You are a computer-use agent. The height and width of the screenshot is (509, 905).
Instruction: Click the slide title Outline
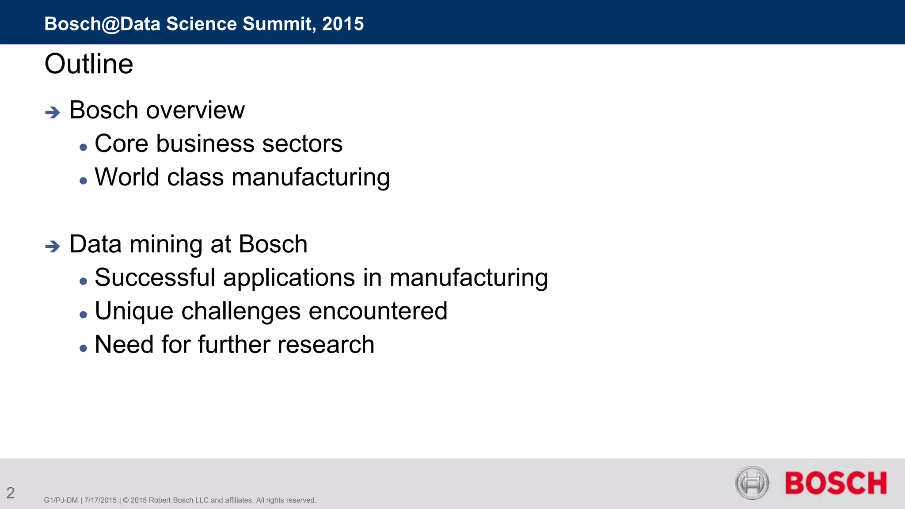[89, 64]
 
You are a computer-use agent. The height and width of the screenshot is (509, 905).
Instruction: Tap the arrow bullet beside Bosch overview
[53, 112]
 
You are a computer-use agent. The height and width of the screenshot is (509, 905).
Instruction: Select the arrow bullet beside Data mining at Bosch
[53, 246]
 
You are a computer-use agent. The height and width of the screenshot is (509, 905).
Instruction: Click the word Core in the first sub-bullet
[121, 144]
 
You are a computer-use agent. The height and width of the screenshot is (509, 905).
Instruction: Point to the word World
[127, 177]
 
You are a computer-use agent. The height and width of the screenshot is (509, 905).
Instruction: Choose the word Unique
[134, 311]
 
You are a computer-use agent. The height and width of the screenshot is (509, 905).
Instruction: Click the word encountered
[378, 311]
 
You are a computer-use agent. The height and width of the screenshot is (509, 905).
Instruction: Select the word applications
[289, 278]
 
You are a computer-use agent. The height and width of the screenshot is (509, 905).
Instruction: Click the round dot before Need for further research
[84, 348]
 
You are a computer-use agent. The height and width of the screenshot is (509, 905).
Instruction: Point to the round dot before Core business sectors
[84, 147]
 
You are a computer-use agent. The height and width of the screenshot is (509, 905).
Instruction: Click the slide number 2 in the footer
[11, 493]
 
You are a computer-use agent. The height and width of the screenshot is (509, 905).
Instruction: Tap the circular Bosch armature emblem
[752, 482]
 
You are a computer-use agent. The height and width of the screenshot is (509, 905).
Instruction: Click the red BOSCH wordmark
[836, 483]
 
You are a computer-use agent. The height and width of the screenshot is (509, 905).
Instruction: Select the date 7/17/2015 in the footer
[100, 500]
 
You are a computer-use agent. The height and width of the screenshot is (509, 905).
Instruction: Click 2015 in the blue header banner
[343, 24]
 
